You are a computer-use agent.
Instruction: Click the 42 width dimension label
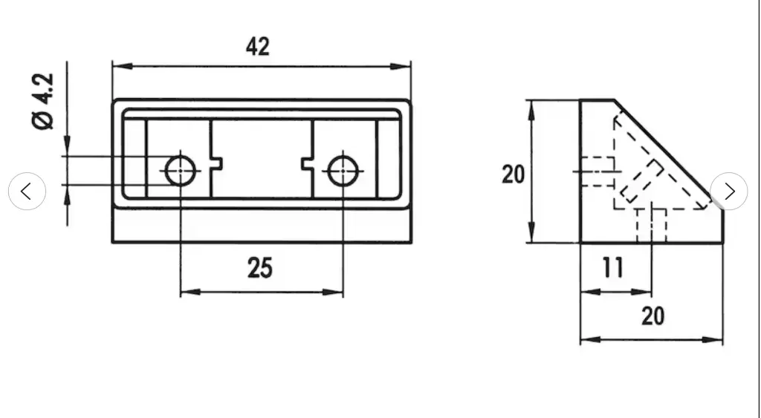pyautogui.click(x=258, y=47)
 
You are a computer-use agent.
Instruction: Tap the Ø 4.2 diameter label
pyautogui.click(x=42, y=102)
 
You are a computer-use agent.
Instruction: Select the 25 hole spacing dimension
pyautogui.click(x=260, y=268)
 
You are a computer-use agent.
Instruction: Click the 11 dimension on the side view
pyautogui.click(x=612, y=267)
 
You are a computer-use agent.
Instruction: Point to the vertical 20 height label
pyautogui.click(x=513, y=174)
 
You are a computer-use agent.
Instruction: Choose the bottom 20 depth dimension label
pyautogui.click(x=652, y=316)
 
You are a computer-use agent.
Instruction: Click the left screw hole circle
pyautogui.click(x=181, y=172)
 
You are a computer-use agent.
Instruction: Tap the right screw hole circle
pyautogui.click(x=343, y=172)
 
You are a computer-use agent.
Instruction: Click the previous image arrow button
pyautogui.click(x=27, y=191)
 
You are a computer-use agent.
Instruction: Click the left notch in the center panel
pyautogui.click(x=217, y=163)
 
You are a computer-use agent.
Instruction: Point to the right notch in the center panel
pyautogui.click(x=307, y=163)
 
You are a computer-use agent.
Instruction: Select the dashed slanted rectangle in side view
pyautogui.click(x=642, y=181)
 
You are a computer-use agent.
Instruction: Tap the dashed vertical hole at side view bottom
pyautogui.click(x=651, y=225)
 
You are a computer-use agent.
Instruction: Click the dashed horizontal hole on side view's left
pyautogui.click(x=598, y=172)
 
